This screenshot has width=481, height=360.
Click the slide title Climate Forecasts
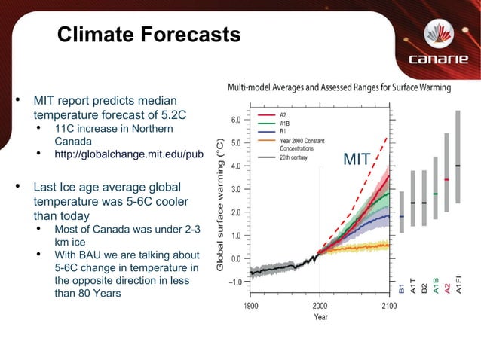click(x=149, y=35)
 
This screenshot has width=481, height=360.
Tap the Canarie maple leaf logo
click(x=439, y=32)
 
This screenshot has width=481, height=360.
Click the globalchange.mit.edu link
click(x=129, y=155)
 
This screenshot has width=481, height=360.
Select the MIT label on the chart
click(x=356, y=159)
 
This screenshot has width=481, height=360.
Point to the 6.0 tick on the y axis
click(x=236, y=119)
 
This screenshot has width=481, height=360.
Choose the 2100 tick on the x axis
click(x=389, y=306)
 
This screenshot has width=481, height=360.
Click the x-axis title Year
click(x=320, y=317)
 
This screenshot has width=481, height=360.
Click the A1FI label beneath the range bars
click(x=458, y=289)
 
